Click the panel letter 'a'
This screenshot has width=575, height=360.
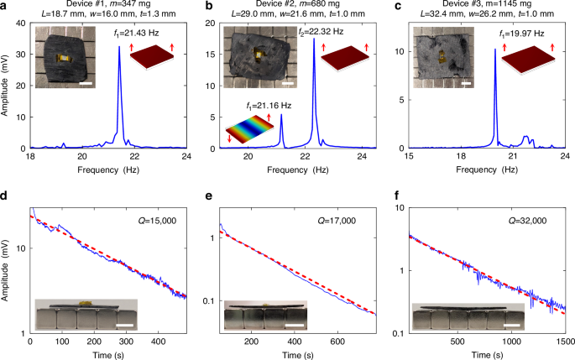click(x=4, y=6)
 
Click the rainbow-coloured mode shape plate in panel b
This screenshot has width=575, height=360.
click(x=251, y=130)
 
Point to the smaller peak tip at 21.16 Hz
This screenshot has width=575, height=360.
click(x=281, y=116)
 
